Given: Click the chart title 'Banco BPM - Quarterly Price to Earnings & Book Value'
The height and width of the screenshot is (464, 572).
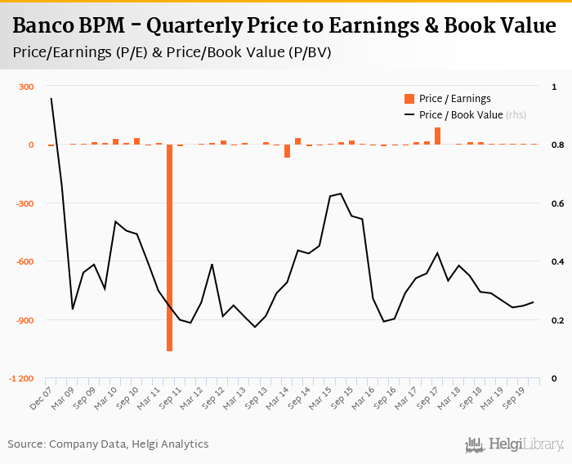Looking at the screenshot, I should pos(284,26).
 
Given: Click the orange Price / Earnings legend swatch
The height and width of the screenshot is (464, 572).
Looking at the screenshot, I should pos(409,99).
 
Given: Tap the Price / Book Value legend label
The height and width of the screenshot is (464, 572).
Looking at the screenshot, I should pos(460,115).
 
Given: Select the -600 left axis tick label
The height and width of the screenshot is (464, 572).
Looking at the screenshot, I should pos(24,261).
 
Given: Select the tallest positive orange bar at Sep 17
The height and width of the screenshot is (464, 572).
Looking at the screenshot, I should pos(437,136).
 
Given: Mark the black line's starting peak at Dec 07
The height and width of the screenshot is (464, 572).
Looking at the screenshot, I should pos(51,99).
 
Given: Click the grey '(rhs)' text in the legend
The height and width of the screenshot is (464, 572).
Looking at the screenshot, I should pos(516,115).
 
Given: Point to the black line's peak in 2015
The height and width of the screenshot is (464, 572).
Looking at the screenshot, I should pos(340,194).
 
